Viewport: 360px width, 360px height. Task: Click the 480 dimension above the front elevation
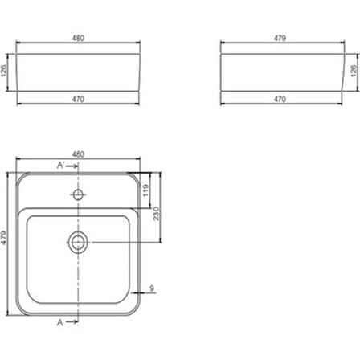click(x=78, y=38)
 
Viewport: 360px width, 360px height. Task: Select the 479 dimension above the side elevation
click(x=280, y=38)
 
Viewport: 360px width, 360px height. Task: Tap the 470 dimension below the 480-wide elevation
click(x=78, y=99)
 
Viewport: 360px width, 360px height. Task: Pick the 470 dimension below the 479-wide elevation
click(x=280, y=99)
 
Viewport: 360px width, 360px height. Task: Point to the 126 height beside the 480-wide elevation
click(x=4, y=71)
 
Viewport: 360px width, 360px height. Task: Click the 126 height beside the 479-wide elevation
click(x=354, y=71)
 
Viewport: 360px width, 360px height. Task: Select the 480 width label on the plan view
click(x=78, y=154)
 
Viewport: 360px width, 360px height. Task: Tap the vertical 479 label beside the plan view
click(x=4, y=237)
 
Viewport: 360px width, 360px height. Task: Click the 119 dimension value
click(x=146, y=190)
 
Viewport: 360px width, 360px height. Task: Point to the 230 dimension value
click(x=156, y=214)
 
